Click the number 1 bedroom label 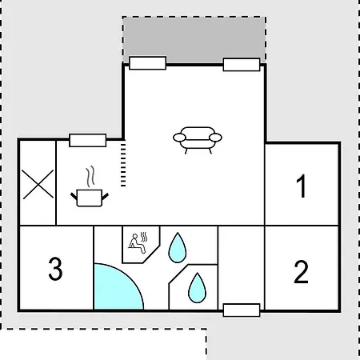(x=302, y=186)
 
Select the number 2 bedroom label (x=301, y=272)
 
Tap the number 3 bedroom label (x=55, y=269)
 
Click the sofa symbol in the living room (x=198, y=140)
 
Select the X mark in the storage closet (x=38, y=185)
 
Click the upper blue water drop (x=178, y=248)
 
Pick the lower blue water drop (x=197, y=289)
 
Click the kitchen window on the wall (x=88, y=140)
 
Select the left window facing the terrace (x=147, y=63)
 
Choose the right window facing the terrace (x=242, y=65)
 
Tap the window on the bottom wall (x=242, y=310)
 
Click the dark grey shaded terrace (x=194, y=40)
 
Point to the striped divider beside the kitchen (x=123, y=165)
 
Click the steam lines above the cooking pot (x=90, y=176)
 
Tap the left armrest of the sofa (x=179, y=138)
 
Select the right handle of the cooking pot (x=105, y=197)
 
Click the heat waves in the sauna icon (x=144, y=237)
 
